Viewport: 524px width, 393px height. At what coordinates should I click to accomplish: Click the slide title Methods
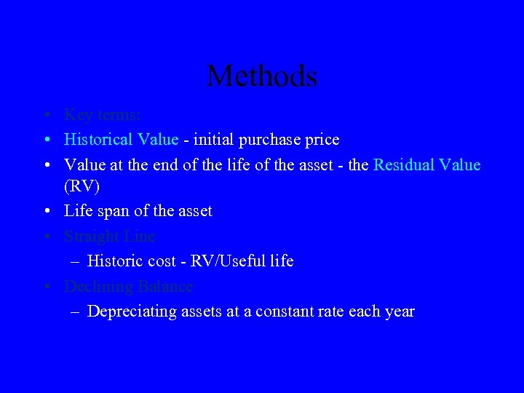262,76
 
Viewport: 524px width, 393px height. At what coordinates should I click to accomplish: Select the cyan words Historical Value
121,139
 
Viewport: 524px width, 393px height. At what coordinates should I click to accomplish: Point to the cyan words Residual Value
426,164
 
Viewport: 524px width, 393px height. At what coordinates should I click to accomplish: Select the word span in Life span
114,212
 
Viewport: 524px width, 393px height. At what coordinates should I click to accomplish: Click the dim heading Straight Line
109,237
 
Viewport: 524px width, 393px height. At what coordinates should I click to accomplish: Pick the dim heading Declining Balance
128,286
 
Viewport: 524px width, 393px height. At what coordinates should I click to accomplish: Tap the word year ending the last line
399,311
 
